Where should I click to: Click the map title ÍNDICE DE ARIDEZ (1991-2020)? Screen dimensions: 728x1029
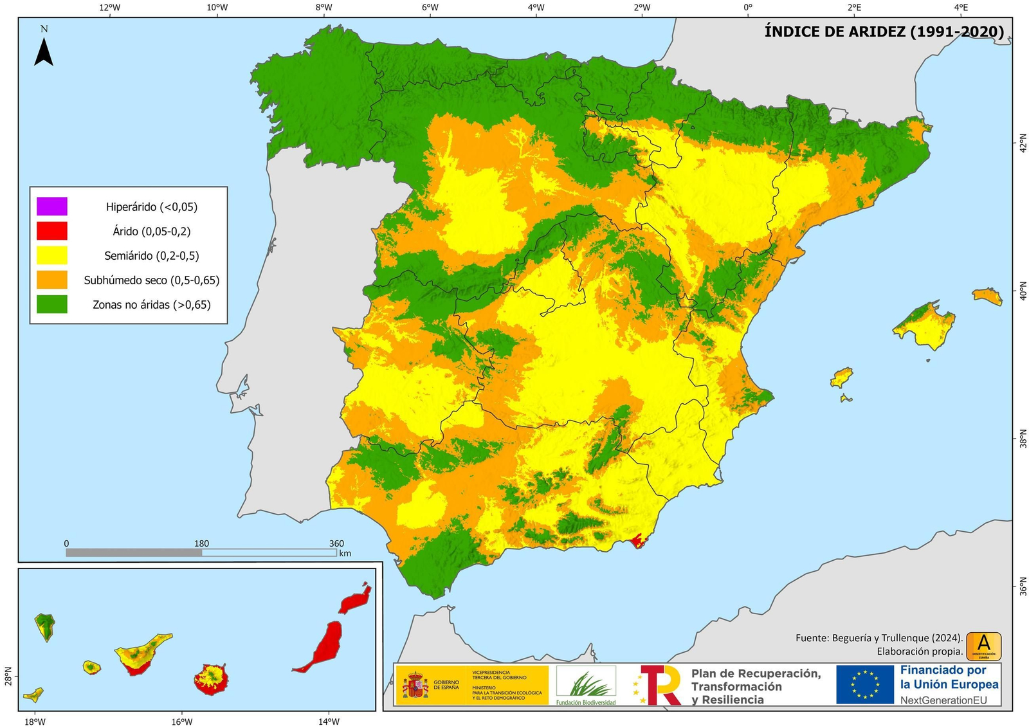[884, 32]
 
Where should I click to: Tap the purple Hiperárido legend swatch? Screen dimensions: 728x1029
[52, 206]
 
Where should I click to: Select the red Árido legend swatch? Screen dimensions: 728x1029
[52, 231]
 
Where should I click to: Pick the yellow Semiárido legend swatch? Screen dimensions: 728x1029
[52, 255]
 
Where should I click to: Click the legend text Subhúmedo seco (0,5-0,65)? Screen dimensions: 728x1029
[152, 280]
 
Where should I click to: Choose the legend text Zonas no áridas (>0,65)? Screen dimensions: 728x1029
[152, 305]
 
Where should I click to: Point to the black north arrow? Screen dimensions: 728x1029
[44, 51]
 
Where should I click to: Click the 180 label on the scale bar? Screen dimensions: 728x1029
[201, 543]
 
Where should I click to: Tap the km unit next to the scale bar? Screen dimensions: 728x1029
[345, 553]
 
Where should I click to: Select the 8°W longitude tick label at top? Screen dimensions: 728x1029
[323, 8]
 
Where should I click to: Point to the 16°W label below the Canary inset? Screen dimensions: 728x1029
[182, 722]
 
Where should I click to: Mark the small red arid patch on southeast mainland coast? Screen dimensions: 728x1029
[638, 541]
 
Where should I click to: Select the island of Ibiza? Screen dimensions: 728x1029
[841, 377]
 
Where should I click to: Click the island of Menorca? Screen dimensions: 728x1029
[987, 296]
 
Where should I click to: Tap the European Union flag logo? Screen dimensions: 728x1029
[865, 684]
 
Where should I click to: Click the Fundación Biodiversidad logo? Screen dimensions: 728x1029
[586, 684]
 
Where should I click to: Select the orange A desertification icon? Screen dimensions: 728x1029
[983, 646]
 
